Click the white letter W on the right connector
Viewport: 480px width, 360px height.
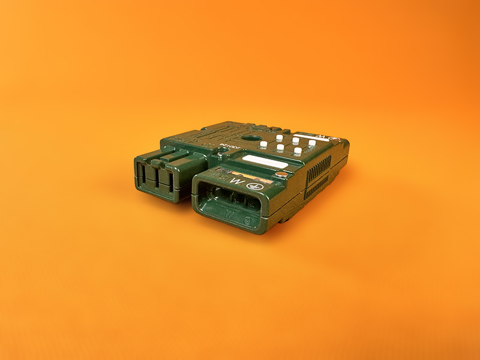point(239,181)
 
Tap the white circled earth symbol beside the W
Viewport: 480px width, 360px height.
point(253,186)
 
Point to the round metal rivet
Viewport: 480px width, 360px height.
point(282,175)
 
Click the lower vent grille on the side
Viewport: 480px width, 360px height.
point(318,186)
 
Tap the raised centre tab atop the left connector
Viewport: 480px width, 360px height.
point(169,158)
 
